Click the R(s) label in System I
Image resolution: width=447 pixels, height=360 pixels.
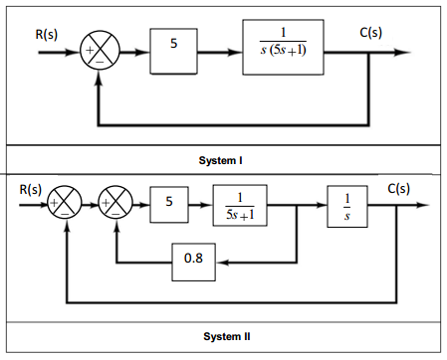point(47,35)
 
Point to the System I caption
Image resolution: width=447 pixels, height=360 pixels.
point(224,160)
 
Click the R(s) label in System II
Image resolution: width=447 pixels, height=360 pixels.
point(29,188)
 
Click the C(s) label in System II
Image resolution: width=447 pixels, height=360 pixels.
point(399,188)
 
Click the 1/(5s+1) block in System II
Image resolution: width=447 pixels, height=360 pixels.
point(239,206)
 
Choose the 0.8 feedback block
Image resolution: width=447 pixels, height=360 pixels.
point(195,263)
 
